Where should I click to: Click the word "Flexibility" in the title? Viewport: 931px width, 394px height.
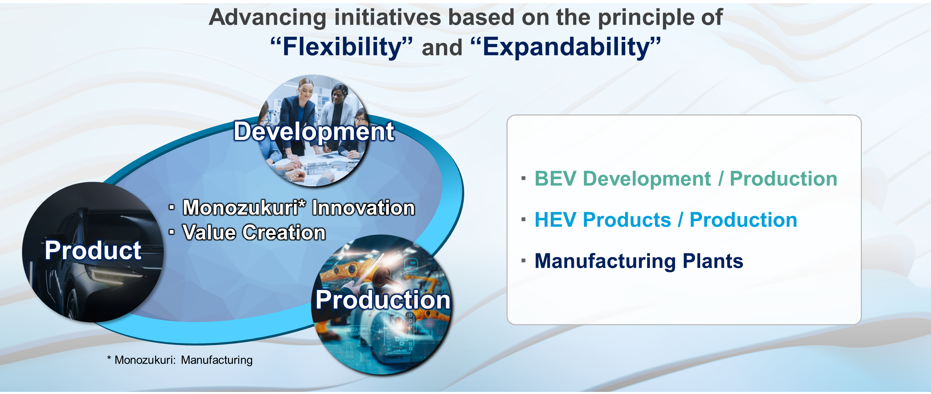tap(342, 47)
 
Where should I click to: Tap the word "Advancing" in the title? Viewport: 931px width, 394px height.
tap(268, 17)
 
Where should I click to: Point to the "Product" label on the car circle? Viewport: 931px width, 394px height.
tap(93, 250)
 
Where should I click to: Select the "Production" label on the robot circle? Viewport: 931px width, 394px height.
tap(383, 300)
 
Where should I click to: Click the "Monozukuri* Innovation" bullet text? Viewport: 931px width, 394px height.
tap(299, 208)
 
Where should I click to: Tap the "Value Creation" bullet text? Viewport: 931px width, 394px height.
tap(254, 232)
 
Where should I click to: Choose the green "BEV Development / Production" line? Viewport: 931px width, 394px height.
tap(686, 179)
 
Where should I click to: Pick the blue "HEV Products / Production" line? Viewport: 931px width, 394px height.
tap(666, 220)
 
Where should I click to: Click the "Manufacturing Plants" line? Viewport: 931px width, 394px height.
tap(638, 261)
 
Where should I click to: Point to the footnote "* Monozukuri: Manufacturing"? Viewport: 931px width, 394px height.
tap(180, 360)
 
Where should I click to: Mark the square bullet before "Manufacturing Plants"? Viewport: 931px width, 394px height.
tap(523, 260)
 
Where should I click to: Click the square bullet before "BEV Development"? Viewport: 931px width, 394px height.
tap(523, 178)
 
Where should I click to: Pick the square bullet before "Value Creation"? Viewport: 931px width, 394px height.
tap(172, 231)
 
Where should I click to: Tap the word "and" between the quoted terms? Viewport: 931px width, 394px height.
tap(442, 48)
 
